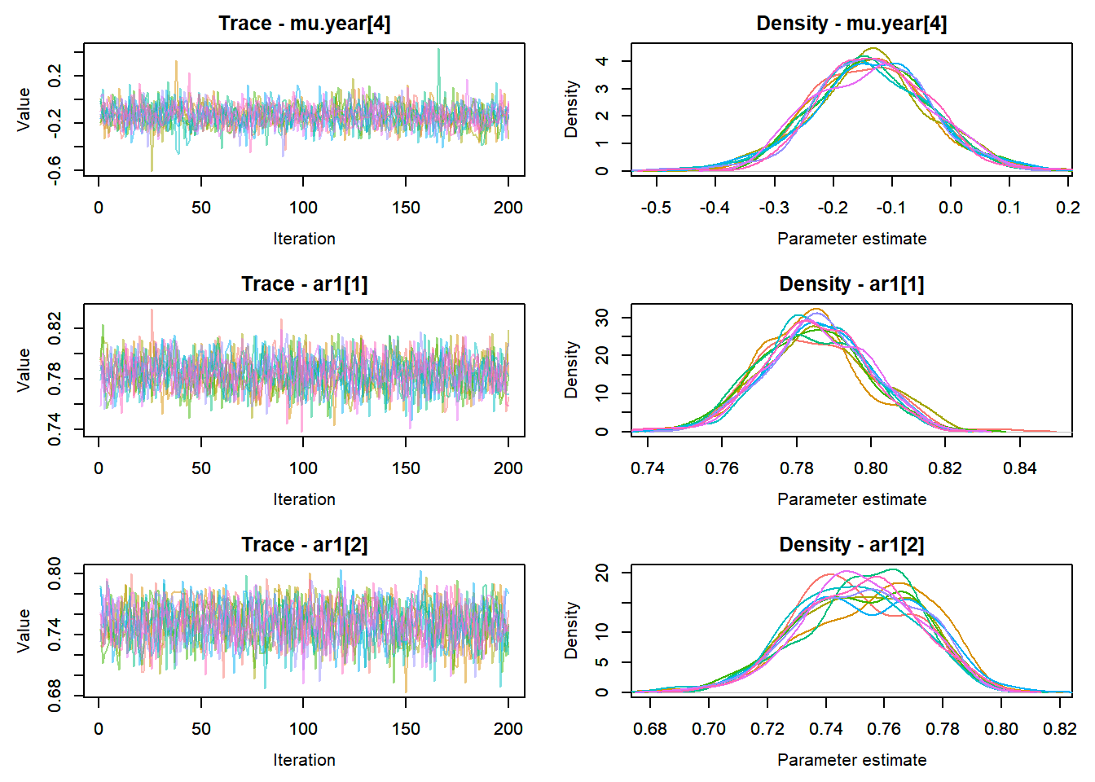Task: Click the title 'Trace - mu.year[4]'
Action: [304, 24]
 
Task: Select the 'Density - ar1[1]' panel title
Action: [851, 284]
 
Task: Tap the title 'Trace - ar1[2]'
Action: [304, 545]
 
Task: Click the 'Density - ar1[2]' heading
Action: [851, 545]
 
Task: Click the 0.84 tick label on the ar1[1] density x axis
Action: [1019, 468]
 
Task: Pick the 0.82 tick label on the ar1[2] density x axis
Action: [1059, 729]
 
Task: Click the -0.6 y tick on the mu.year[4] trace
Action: [55, 170]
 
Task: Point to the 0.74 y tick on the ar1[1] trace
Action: [55, 429]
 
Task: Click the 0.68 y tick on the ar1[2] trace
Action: [55, 696]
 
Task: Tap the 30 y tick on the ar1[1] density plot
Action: [602, 317]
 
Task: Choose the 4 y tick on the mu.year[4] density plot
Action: [602, 61]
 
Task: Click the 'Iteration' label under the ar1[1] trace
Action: [304, 499]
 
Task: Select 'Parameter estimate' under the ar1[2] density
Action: [851, 760]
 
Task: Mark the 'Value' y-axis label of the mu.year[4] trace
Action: [24, 109]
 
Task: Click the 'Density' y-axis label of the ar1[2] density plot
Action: [571, 630]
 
